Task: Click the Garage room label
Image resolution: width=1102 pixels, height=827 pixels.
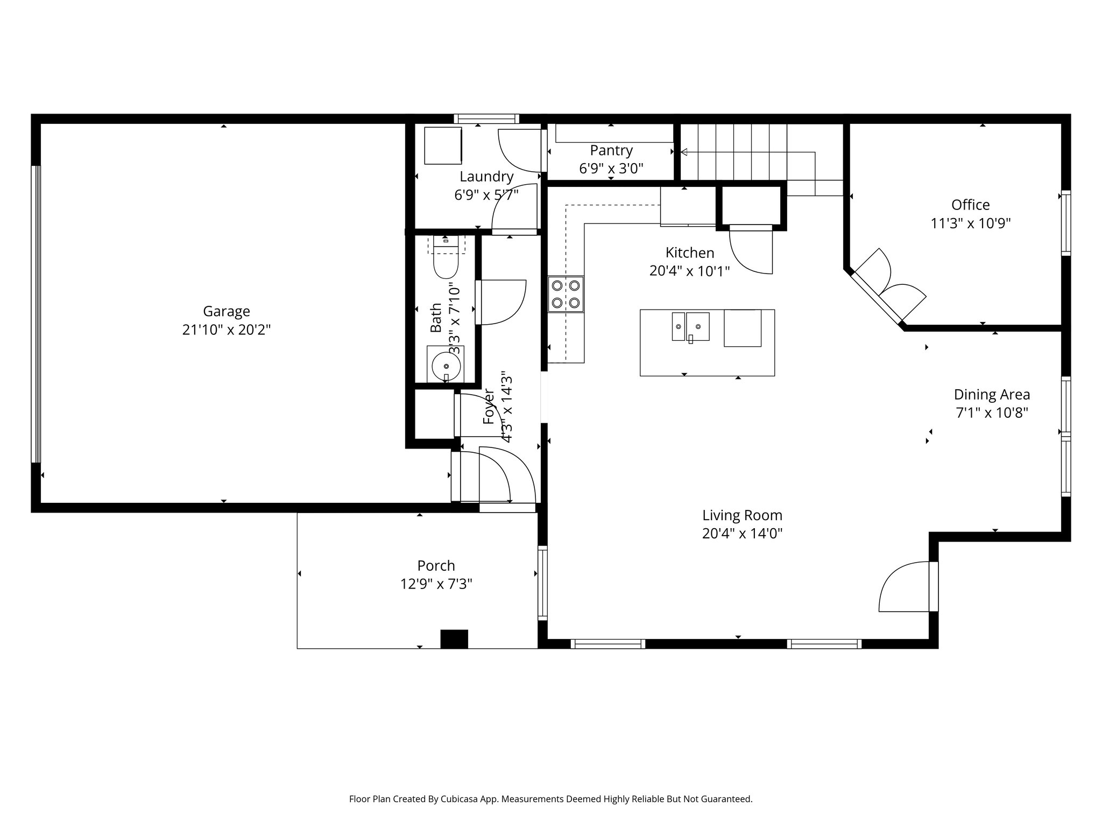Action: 226,311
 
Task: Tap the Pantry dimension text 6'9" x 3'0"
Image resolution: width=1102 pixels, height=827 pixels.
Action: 611,169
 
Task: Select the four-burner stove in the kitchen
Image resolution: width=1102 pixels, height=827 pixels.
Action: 566,294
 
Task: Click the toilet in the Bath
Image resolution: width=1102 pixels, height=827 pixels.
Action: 446,263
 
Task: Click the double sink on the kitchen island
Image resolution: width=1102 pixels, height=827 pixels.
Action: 690,327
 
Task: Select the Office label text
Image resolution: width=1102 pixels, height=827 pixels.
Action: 970,205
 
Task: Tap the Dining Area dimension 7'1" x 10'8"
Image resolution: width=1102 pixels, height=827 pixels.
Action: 992,413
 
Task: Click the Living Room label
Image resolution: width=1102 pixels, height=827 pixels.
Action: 742,515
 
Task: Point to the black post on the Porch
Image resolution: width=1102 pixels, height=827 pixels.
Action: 454,639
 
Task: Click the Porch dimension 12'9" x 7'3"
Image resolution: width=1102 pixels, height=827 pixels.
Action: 436,584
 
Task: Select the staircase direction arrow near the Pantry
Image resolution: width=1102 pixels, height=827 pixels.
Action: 684,152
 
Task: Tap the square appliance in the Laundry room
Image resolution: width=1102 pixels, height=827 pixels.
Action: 443,145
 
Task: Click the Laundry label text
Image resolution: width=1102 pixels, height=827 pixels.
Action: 486,177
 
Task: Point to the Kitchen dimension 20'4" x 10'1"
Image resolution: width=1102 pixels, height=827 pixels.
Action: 689,271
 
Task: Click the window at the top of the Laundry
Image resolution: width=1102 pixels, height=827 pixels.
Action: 486,118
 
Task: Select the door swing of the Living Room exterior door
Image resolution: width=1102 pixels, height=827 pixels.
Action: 901,587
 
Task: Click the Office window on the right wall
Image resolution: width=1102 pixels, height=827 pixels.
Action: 1065,222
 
